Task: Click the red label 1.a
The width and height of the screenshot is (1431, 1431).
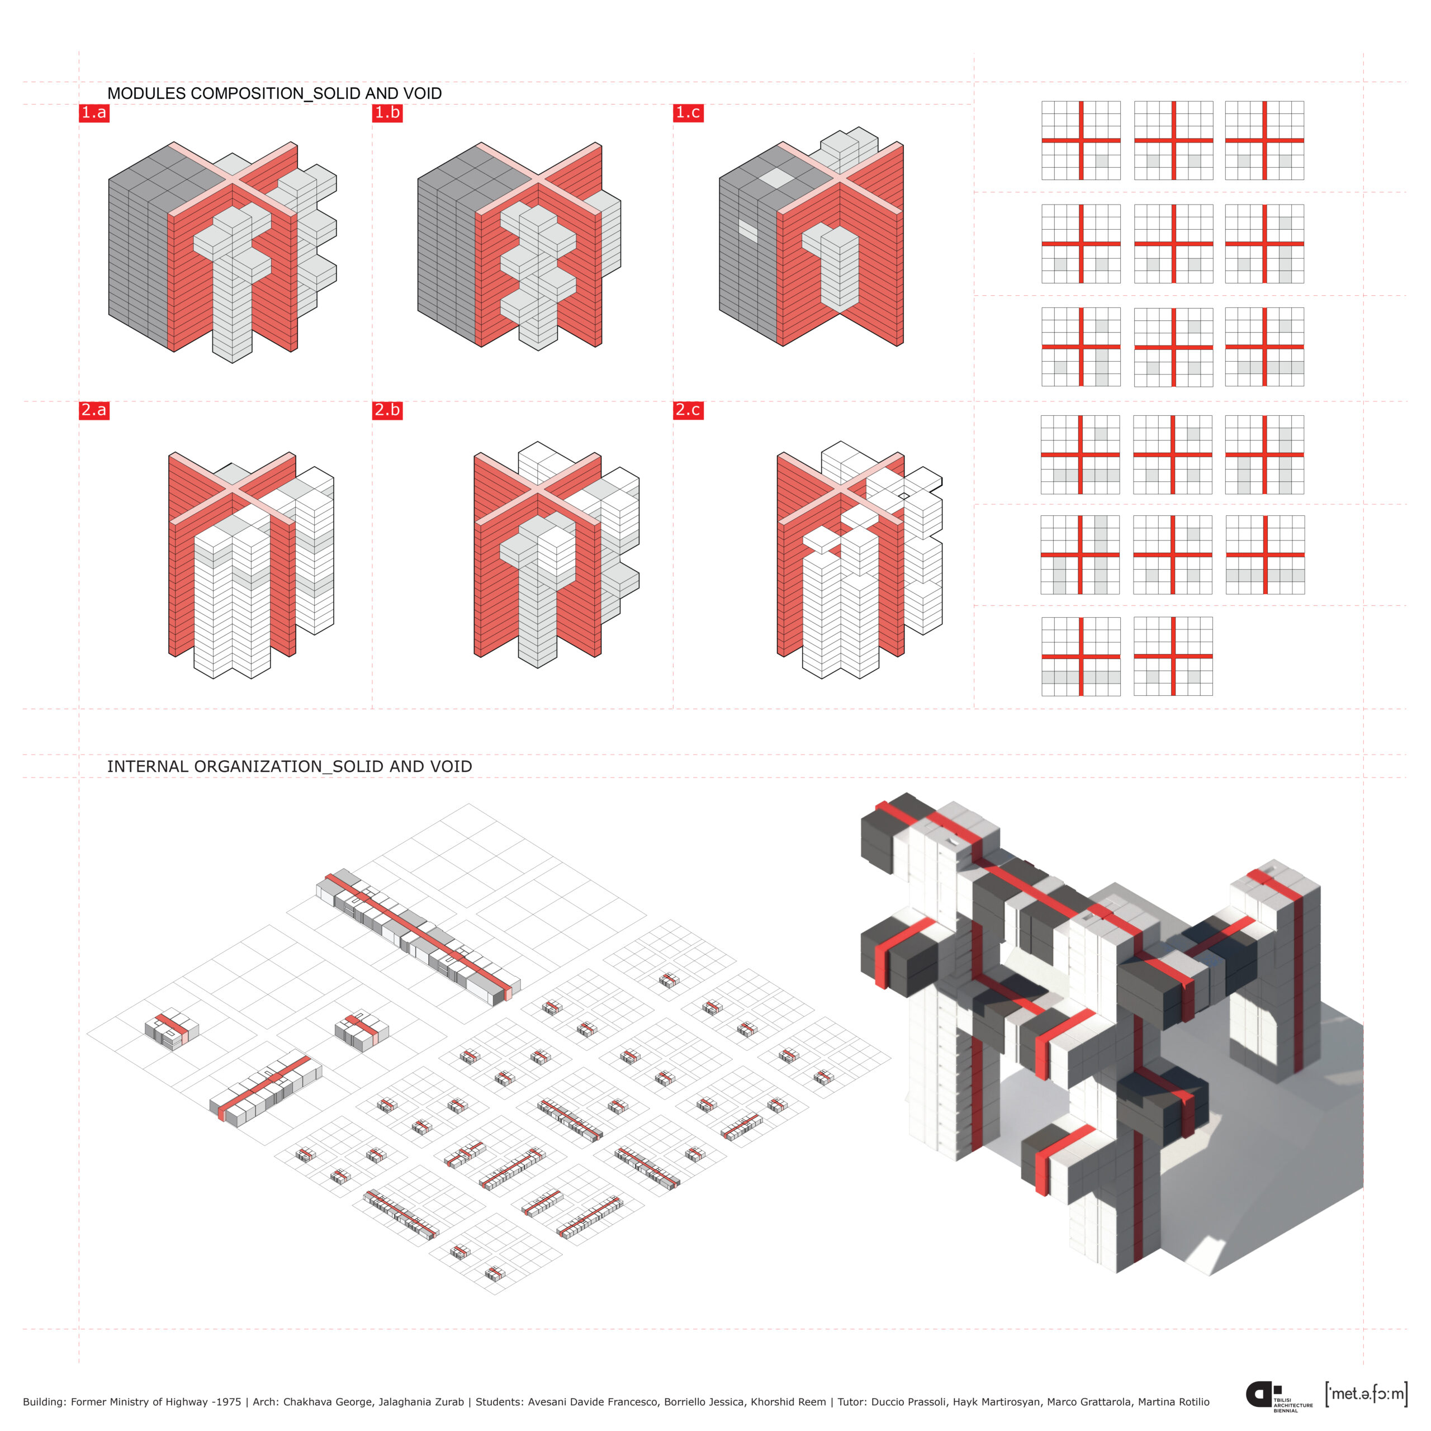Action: pos(94,112)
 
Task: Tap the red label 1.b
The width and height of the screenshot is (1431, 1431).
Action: pos(387,112)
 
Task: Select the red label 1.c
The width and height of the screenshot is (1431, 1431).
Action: pos(688,112)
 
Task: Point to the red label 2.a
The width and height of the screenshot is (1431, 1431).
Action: pos(94,410)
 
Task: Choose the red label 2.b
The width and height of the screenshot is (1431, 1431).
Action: pos(387,410)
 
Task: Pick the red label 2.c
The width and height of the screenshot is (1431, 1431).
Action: pos(688,410)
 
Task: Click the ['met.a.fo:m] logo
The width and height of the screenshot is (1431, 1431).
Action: pos(1366,1394)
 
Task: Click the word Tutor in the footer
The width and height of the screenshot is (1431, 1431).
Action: pos(852,1401)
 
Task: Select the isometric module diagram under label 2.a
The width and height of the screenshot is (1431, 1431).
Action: pos(251,565)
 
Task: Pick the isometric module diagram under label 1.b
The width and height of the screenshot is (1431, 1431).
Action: pos(519,246)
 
